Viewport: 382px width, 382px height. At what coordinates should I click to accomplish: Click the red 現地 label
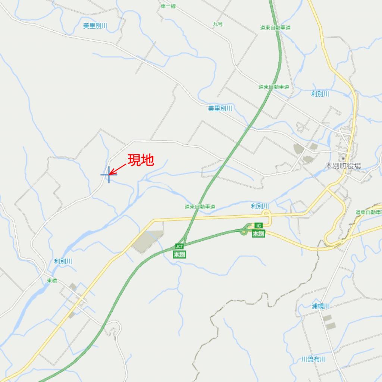141,160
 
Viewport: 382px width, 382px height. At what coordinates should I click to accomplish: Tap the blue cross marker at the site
109,174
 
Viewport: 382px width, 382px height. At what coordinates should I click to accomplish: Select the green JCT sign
179,247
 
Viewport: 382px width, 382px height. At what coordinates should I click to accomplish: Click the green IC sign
258,226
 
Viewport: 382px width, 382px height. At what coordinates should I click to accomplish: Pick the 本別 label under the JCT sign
179,254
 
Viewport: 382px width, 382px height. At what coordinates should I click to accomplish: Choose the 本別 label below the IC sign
258,234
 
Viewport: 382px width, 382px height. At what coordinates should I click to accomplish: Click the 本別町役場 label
343,165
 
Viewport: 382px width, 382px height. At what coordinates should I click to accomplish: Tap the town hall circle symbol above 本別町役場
343,159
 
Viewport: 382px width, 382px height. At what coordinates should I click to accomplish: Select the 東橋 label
52,281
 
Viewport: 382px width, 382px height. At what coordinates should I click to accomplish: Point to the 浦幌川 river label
320,306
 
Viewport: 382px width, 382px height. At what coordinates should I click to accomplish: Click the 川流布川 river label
313,359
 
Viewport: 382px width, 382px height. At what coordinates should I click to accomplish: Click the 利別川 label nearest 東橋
63,261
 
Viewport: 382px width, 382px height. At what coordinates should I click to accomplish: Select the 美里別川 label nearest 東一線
95,26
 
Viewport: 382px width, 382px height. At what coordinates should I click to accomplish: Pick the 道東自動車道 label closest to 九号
275,28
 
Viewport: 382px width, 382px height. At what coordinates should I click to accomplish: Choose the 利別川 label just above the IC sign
260,206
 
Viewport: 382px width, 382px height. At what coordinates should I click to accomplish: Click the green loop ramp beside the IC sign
244,231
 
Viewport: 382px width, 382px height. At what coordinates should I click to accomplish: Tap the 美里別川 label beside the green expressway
220,108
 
